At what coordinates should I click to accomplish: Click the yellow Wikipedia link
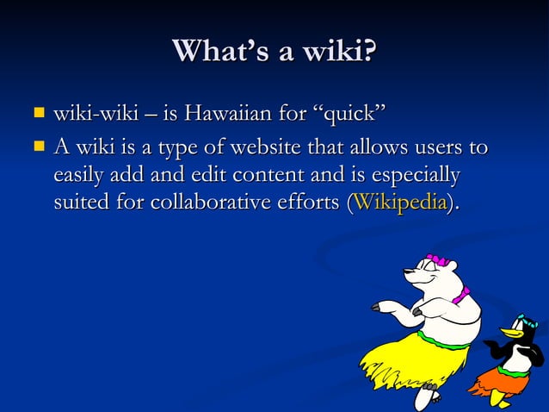point(400,204)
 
